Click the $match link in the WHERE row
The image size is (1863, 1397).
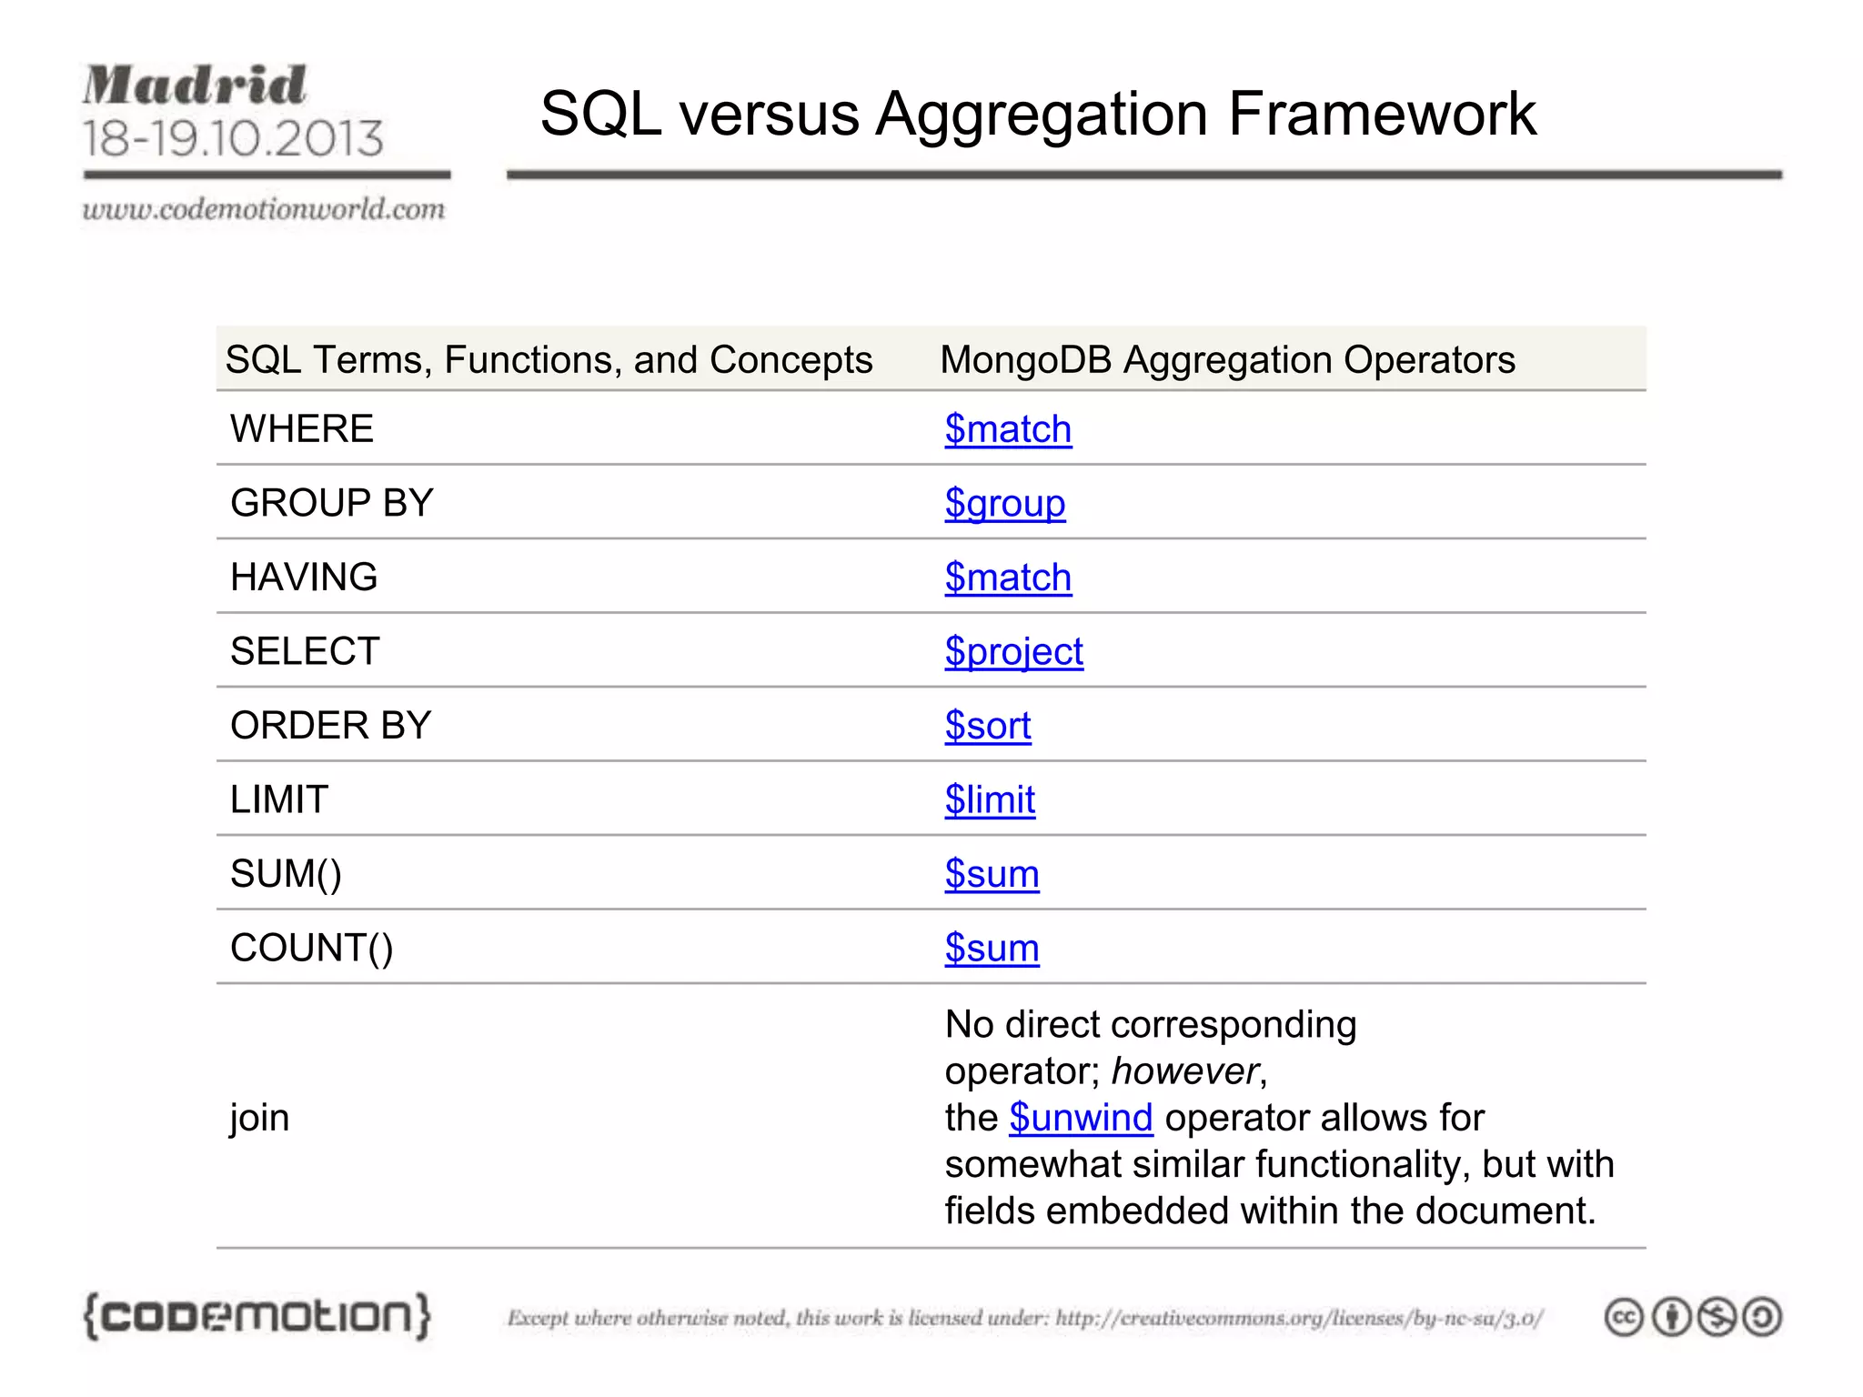pyautogui.click(x=1008, y=429)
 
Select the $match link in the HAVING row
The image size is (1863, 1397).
pyautogui.click(x=1008, y=578)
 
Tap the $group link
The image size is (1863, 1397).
pyautogui.click(x=1004, y=503)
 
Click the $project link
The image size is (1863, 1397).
pyautogui.click(x=1013, y=651)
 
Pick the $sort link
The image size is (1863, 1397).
pyautogui.click(x=988, y=726)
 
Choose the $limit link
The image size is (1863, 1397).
pyautogui.click(x=990, y=799)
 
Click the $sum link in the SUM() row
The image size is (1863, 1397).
pyautogui.click(x=992, y=874)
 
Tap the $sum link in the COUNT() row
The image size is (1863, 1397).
pyautogui.click(x=992, y=949)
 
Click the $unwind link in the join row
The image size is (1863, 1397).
pyautogui.click(x=1081, y=1118)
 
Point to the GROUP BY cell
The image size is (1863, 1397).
pyautogui.click(x=332, y=503)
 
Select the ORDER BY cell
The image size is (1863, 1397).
pyautogui.click(x=330, y=726)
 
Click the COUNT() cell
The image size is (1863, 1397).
pyautogui.click(x=312, y=949)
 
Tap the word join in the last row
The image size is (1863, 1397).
pyautogui.click(x=259, y=1118)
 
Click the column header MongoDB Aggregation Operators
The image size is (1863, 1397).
pyautogui.click(x=1227, y=360)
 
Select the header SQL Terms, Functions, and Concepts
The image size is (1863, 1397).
pyautogui.click(x=549, y=360)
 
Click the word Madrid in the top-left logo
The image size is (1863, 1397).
pyautogui.click(x=195, y=85)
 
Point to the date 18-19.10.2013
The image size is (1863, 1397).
pyautogui.click(x=233, y=138)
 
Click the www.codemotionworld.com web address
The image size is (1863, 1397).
pyautogui.click(x=264, y=209)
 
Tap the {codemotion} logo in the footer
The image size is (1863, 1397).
pyautogui.click(x=257, y=1316)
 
